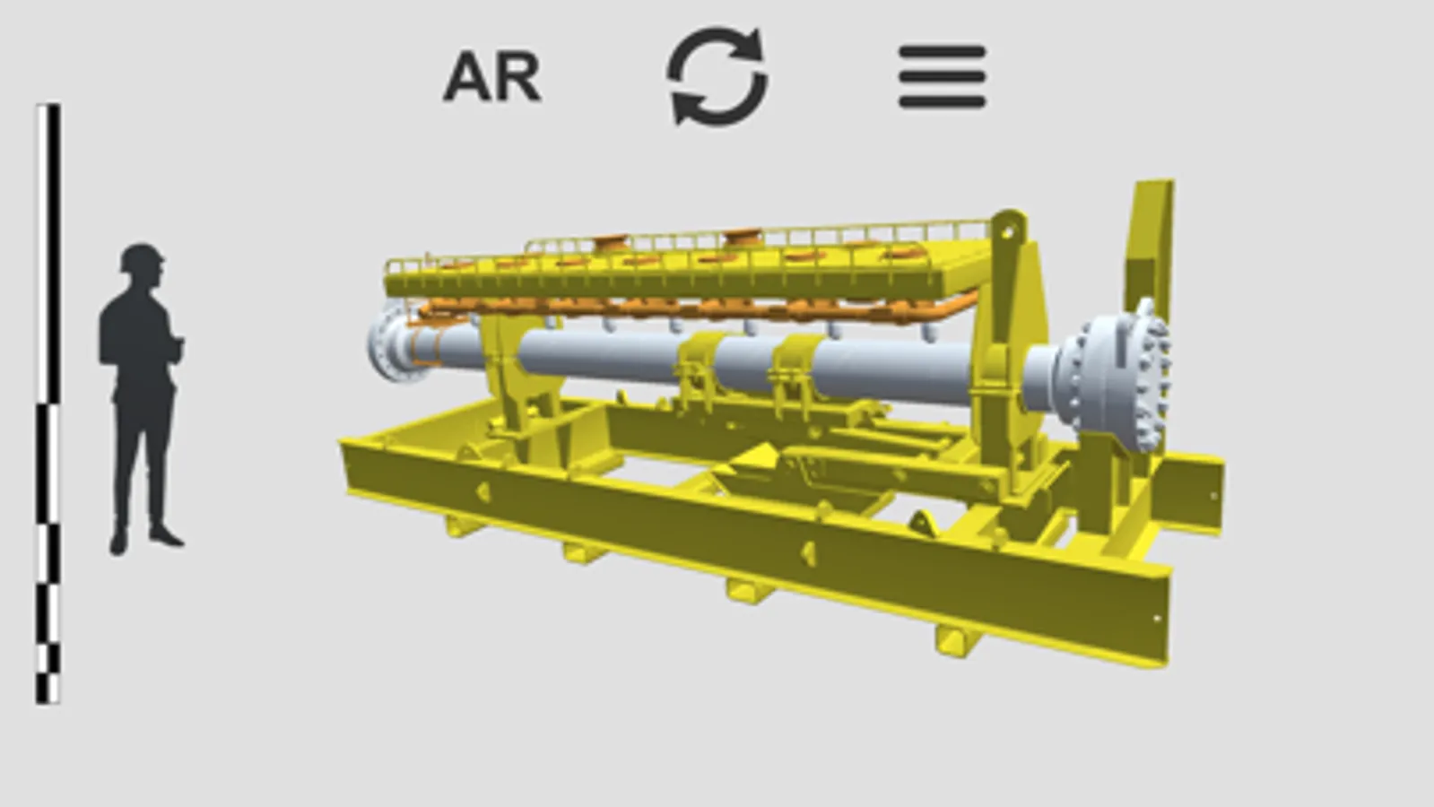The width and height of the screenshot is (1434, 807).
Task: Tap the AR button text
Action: click(492, 77)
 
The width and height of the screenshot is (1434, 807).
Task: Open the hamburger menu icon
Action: click(943, 77)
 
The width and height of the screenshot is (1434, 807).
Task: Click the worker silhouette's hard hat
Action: click(142, 256)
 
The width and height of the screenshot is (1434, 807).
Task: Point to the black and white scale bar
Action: click(48, 403)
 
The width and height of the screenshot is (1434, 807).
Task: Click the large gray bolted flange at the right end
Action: click(1117, 377)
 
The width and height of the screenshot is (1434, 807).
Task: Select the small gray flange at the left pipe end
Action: click(390, 343)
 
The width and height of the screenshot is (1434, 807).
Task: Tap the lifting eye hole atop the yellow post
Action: click(1006, 231)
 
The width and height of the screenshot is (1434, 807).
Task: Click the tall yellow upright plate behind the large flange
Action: click(1149, 249)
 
